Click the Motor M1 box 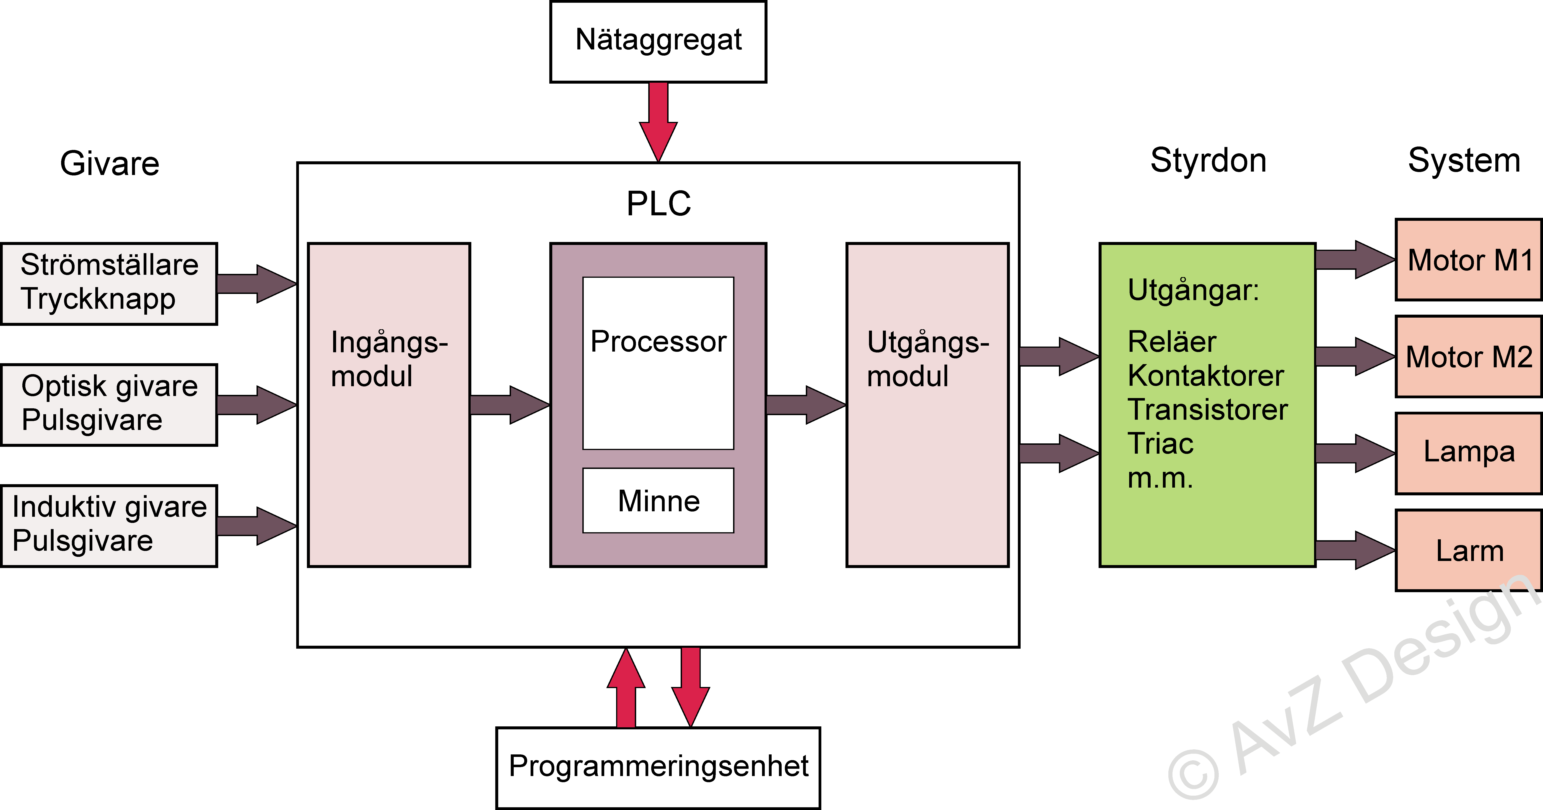pyautogui.click(x=1469, y=260)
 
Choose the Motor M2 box pyautogui.click(x=1469, y=357)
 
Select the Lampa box pyautogui.click(x=1469, y=453)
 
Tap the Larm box pyautogui.click(x=1469, y=550)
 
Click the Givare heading pyautogui.click(x=110, y=163)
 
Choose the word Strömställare pyautogui.click(x=110, y=265)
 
